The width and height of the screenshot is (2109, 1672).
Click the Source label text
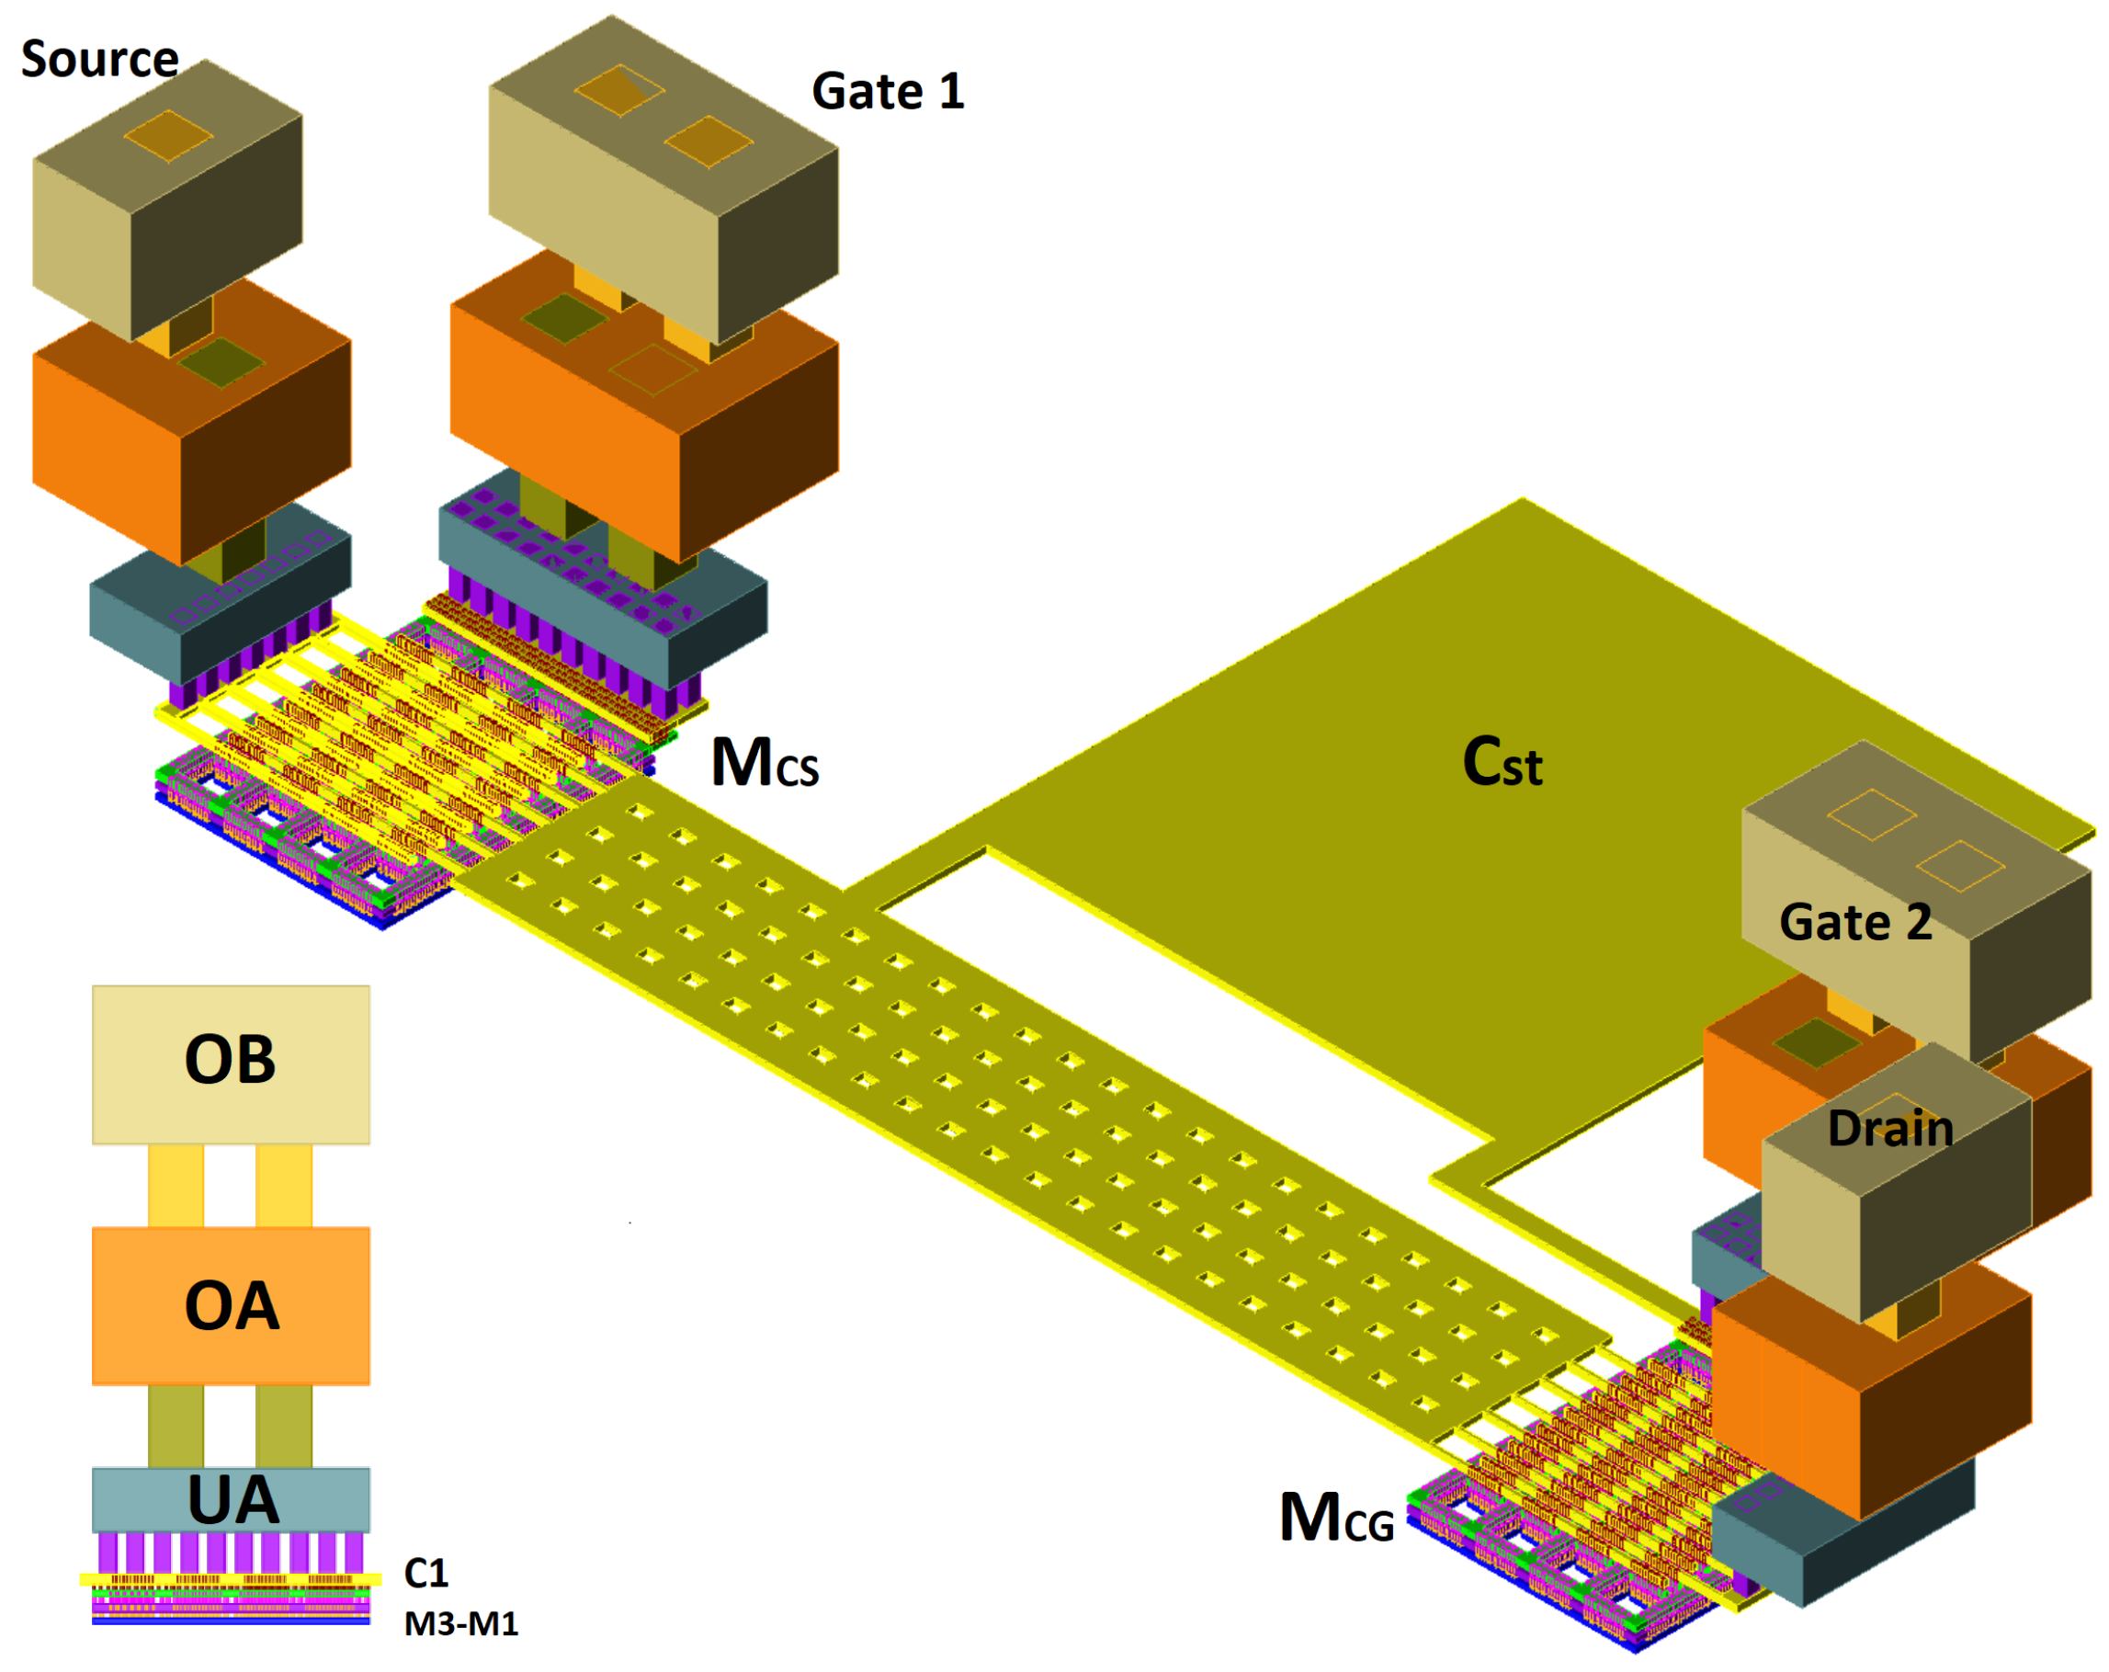click(x=100, y=60)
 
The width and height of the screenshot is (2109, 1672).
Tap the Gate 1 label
click(x=887, y=92)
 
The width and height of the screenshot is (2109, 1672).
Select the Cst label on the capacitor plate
click(x=1502, y=762)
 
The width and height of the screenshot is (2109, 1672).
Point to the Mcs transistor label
click(x=765, y=763)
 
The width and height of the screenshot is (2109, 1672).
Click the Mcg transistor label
click(x=1336, y=1518)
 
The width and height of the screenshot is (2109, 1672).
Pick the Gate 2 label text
click(x=1854, y=923)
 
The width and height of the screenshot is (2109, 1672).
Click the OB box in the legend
click(x=231, y=1063)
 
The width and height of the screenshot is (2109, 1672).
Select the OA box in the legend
click(x=231, y=1305)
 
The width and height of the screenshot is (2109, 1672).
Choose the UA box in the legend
click(x=231, y=1500)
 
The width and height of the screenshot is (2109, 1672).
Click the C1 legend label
click(x=425, y=1573)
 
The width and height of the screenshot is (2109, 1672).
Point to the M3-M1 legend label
click(x=460, y=1624)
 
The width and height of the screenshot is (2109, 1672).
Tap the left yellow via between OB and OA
click(x=176, y=1186)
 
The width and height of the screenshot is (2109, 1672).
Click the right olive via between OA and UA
click(x=284, y=1426)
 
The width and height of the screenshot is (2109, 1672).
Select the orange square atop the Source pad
click(x=168, y=136)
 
